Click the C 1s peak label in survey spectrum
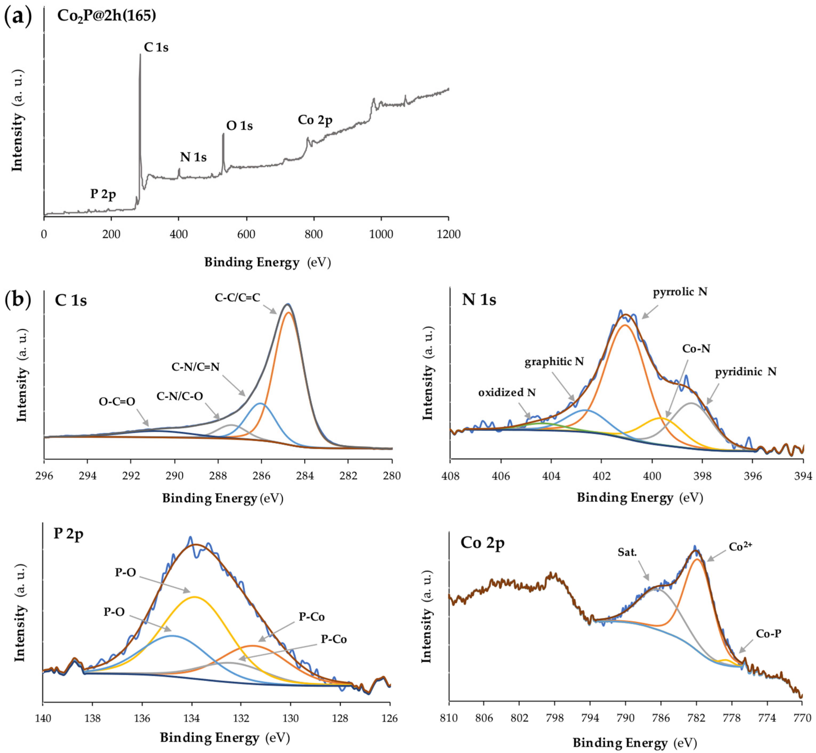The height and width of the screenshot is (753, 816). (156, 48)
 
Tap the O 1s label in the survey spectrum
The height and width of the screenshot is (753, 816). (239, 126)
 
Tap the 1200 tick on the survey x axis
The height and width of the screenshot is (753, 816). (448, 234)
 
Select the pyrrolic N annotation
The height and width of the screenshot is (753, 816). (680, 292)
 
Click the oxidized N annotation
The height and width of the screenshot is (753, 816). (507, 392)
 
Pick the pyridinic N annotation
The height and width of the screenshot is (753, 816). (745, 372)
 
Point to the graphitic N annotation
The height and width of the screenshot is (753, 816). (554, 361)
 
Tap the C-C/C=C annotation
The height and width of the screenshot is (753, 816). (237, 297)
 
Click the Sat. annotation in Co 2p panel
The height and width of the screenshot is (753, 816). (627, 552)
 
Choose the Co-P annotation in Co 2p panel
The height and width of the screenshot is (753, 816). (768, 634)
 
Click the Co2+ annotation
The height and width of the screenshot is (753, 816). (740, 547)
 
